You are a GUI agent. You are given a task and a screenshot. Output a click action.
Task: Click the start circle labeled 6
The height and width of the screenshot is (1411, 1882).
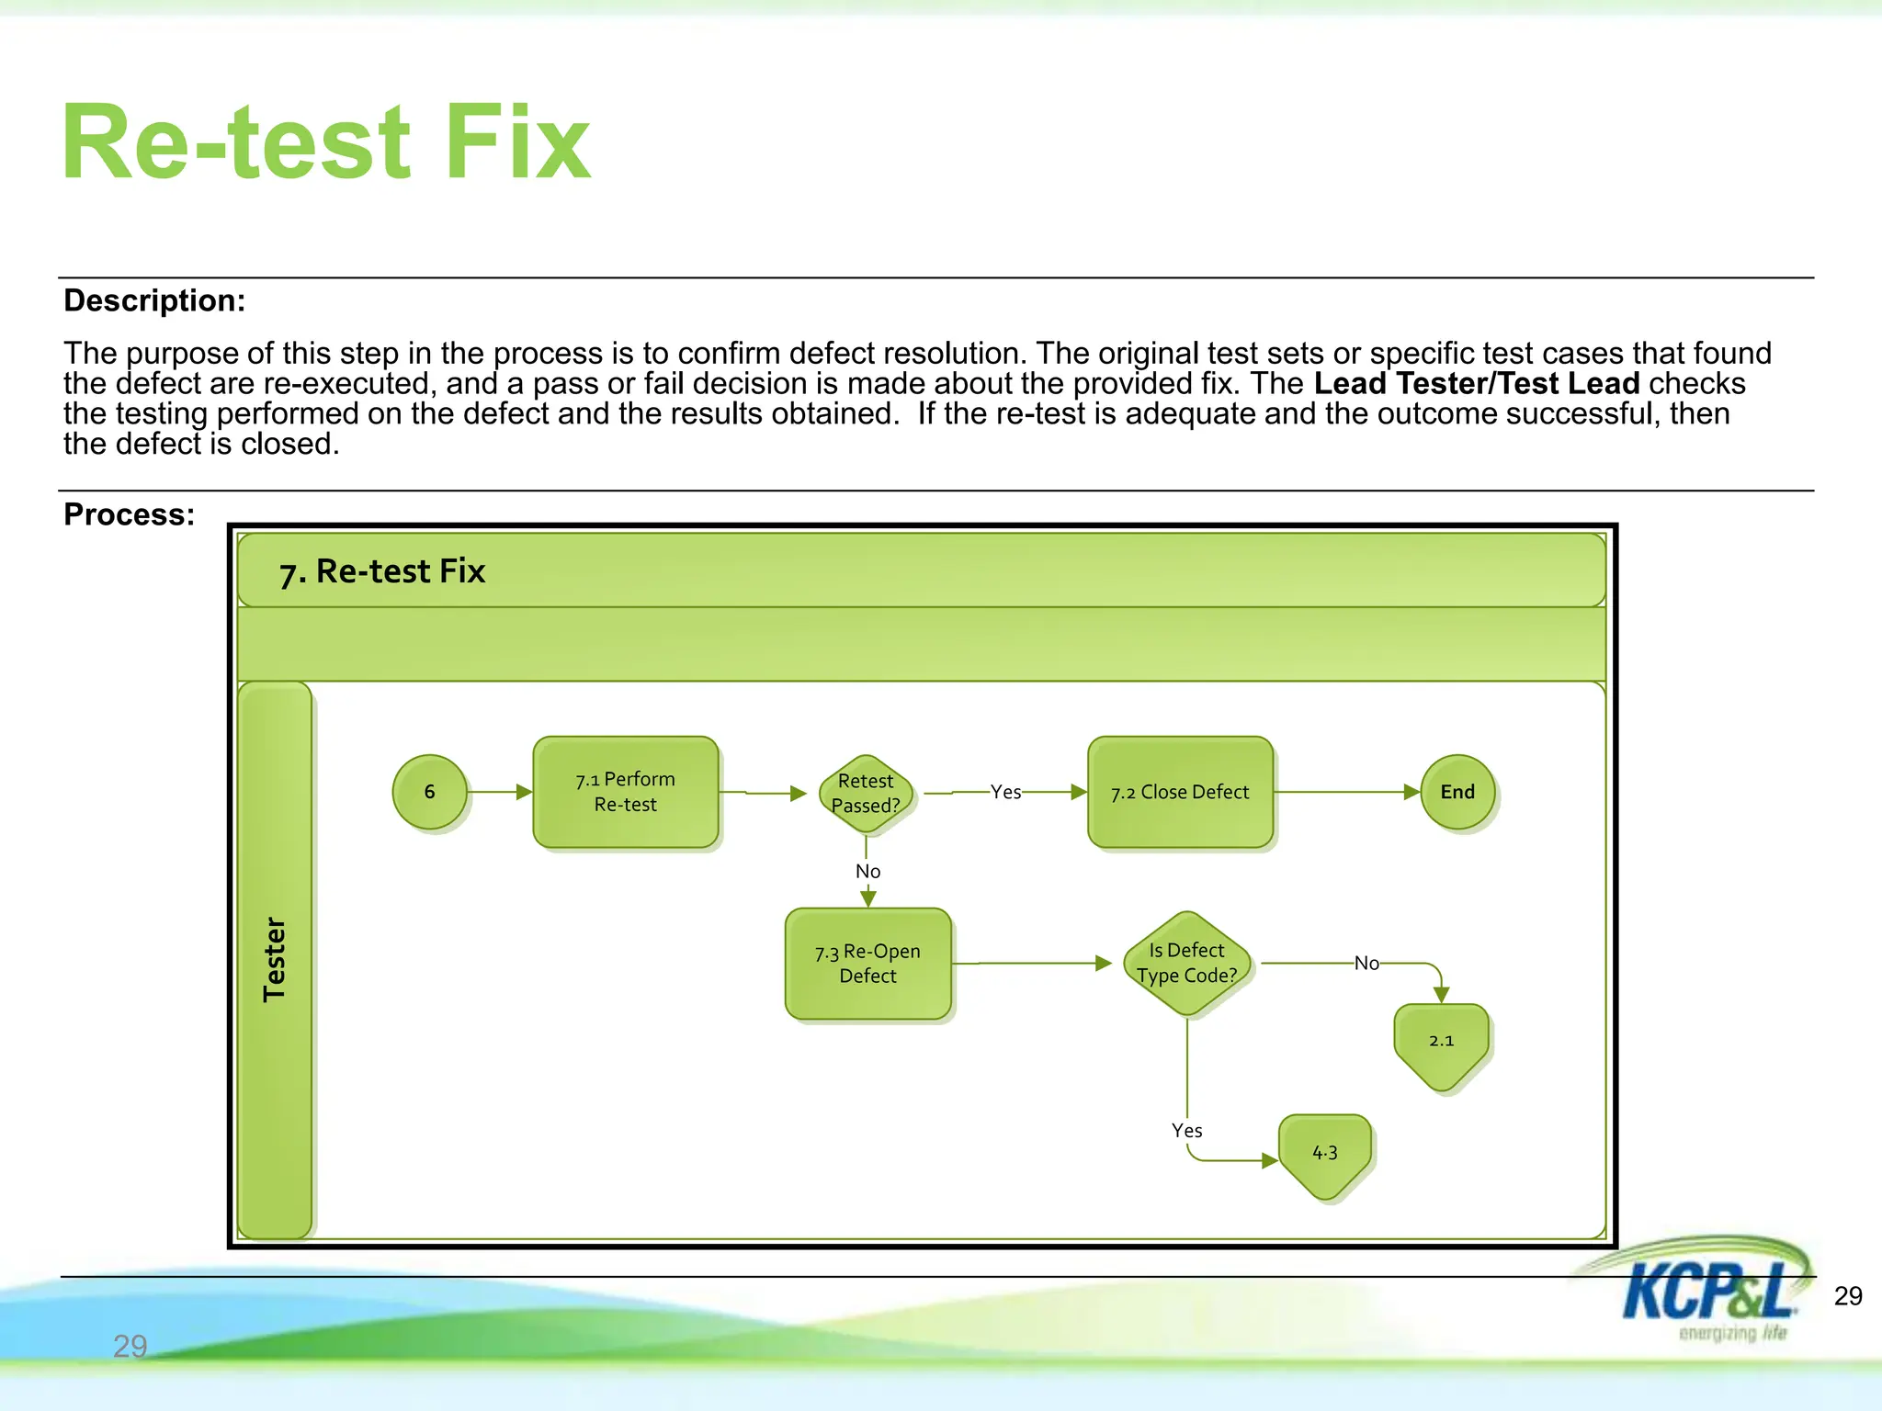(x=429, y=792)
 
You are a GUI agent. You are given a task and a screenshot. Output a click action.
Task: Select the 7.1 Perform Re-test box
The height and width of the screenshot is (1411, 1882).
(x=625, y=792)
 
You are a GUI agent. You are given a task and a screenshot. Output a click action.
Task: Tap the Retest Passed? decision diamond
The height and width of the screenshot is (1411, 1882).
(x=866, y=793)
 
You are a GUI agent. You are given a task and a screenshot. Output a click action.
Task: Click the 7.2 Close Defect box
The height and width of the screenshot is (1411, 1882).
(x=1180, y=792)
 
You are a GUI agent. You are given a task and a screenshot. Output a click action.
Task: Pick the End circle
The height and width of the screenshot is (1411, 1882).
(x=1457, y=792)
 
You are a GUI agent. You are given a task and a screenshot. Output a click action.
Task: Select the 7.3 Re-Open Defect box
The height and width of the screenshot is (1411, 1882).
(x=867, y=964)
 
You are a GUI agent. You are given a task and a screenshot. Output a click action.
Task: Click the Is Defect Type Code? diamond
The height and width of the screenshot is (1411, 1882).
(x=1187, y=963)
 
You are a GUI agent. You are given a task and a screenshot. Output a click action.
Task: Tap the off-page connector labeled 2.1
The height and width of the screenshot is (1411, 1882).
(x=1441, y=1043)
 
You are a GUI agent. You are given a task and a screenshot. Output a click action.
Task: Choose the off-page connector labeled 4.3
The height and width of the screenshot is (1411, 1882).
(x=1324, y=1154)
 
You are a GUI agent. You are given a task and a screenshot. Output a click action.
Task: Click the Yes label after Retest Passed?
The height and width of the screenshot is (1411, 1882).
(x=1005, y=792)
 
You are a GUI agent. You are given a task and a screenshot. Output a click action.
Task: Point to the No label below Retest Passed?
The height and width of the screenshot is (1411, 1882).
(x=867, y=871)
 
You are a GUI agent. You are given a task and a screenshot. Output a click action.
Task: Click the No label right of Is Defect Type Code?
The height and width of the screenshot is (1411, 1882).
(x=1366, y=963)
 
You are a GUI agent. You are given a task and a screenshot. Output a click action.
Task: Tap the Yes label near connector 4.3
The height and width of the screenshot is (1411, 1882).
(x=1186, y=1131)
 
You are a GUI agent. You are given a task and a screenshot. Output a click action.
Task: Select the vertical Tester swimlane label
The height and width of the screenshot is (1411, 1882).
(x=275, y=959)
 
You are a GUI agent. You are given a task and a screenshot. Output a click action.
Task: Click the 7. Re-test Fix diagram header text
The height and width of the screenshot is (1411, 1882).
(x=382, y=571)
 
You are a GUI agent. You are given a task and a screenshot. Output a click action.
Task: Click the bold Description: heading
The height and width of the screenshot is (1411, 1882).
(x=154, y=300)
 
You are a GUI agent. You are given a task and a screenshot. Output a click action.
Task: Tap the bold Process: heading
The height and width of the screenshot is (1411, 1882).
(x=130, y=514)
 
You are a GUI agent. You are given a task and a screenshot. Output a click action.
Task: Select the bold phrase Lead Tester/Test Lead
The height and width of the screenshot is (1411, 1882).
(x=1477, y=383)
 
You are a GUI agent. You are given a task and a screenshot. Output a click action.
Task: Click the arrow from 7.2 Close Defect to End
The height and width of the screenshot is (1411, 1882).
(x=1346, y=792)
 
